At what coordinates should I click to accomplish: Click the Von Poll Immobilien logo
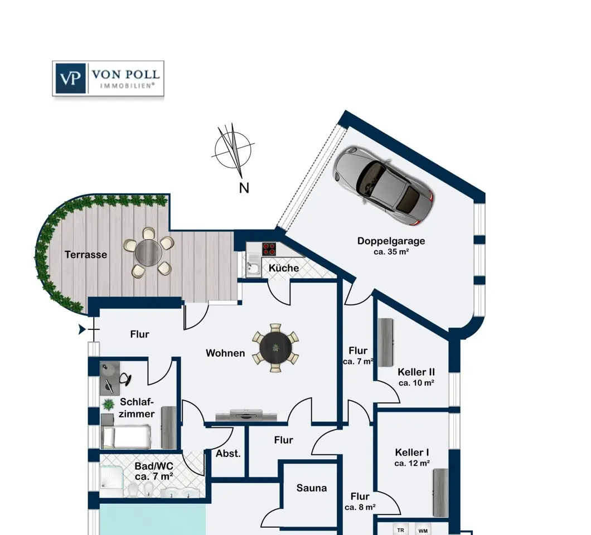coord(108,79)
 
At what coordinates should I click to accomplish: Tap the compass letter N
coord(244,188)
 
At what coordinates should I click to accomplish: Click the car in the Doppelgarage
coord(384,186)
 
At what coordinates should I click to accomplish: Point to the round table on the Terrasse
coord(148,253)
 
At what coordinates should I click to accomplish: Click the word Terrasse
coord(85,255)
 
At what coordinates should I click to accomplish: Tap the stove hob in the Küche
coord(269,249)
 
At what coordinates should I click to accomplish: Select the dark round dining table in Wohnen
coord(276,348)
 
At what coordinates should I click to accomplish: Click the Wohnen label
coord(225,353)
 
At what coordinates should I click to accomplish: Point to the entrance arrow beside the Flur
coord(82,330)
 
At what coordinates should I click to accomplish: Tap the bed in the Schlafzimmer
coord(126,437)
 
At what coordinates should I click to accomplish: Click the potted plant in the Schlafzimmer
coord(108,405)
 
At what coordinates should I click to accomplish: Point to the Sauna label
coord(311,488)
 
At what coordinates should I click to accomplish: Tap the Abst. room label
coord(228,454)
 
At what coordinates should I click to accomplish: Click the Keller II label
coord(416,372)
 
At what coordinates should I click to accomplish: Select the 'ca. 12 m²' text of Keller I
coord(412,463)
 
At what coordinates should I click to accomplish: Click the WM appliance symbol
coord(423,531)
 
